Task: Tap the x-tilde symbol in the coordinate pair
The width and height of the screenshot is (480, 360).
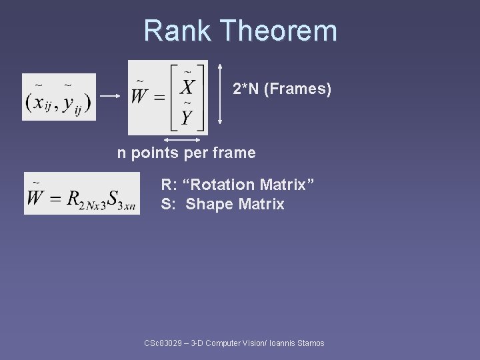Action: tap(41, 102)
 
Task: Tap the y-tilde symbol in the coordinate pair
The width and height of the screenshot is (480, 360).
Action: tap(70, 103)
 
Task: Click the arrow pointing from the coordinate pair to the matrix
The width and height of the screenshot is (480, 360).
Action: tap(110, 96)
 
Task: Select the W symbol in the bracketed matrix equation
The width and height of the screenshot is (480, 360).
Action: tap(141, 95)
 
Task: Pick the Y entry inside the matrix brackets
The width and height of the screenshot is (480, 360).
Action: tap(187, 117)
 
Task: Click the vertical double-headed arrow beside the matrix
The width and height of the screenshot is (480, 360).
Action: tap(220, 97)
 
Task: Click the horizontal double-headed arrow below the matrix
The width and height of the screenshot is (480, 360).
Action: tap(183, 140)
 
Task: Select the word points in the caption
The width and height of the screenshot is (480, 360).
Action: tap(154, 153)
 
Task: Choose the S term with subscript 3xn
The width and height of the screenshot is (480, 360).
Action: tap(121, 199)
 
